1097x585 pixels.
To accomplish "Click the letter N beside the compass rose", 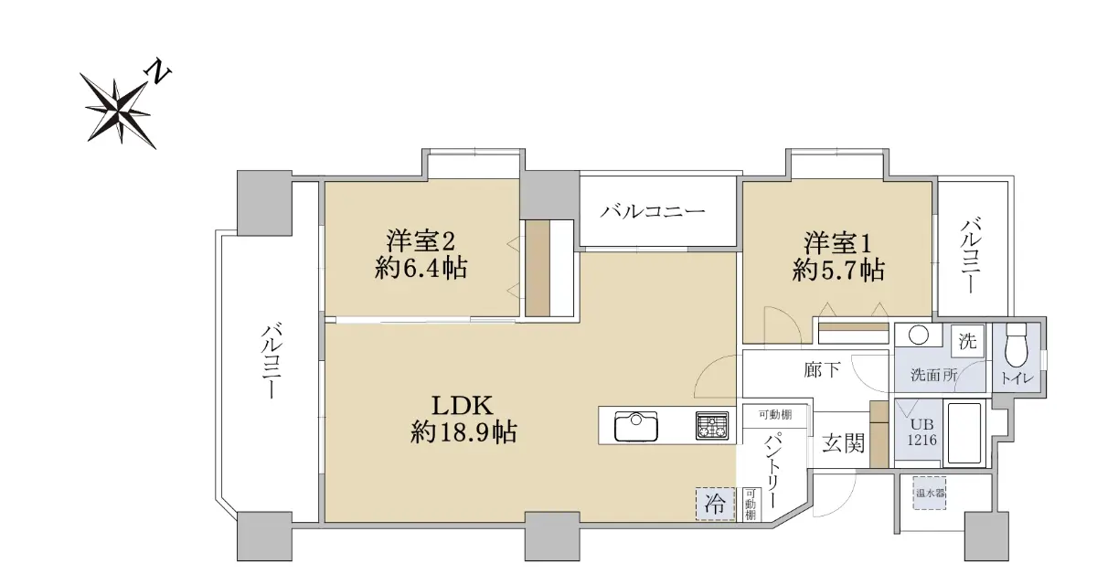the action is coord(158,71).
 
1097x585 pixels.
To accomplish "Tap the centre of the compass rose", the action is coord(118,112).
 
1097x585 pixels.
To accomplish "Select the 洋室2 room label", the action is coord(421,240).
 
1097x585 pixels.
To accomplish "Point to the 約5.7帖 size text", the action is coord(838,270).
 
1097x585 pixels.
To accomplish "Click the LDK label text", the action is coord(462,405).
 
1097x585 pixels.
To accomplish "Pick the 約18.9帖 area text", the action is coord(463,432).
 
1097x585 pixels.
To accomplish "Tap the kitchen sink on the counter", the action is coord(636,426).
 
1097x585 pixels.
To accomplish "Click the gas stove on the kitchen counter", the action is coord(711,425).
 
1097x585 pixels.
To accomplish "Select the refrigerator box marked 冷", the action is coord(715,504).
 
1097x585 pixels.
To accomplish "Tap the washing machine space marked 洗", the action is coord(967,341).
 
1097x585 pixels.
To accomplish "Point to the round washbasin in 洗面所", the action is coord(918,335).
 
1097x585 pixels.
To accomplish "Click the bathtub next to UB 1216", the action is coord(964,432).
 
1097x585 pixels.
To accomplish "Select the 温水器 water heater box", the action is coord(930,493).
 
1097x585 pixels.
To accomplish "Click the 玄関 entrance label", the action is coord(843,443).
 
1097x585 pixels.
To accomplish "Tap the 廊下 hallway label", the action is coord(822,370).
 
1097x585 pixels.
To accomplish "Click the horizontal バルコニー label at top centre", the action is coord(653,211).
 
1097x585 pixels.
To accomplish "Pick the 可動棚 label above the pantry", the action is coord(775,415).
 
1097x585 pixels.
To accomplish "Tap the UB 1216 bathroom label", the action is coord(921,431).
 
